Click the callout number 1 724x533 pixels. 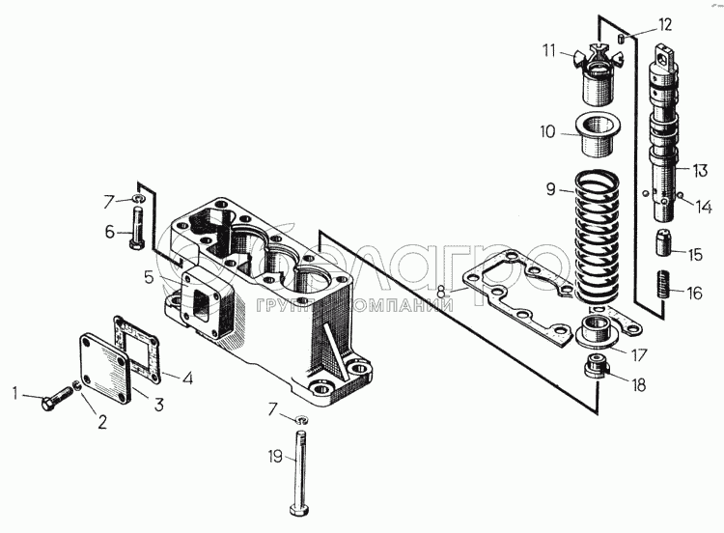[15, 392]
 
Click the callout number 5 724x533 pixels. [149, 278]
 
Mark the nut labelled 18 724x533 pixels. [597, 368]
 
